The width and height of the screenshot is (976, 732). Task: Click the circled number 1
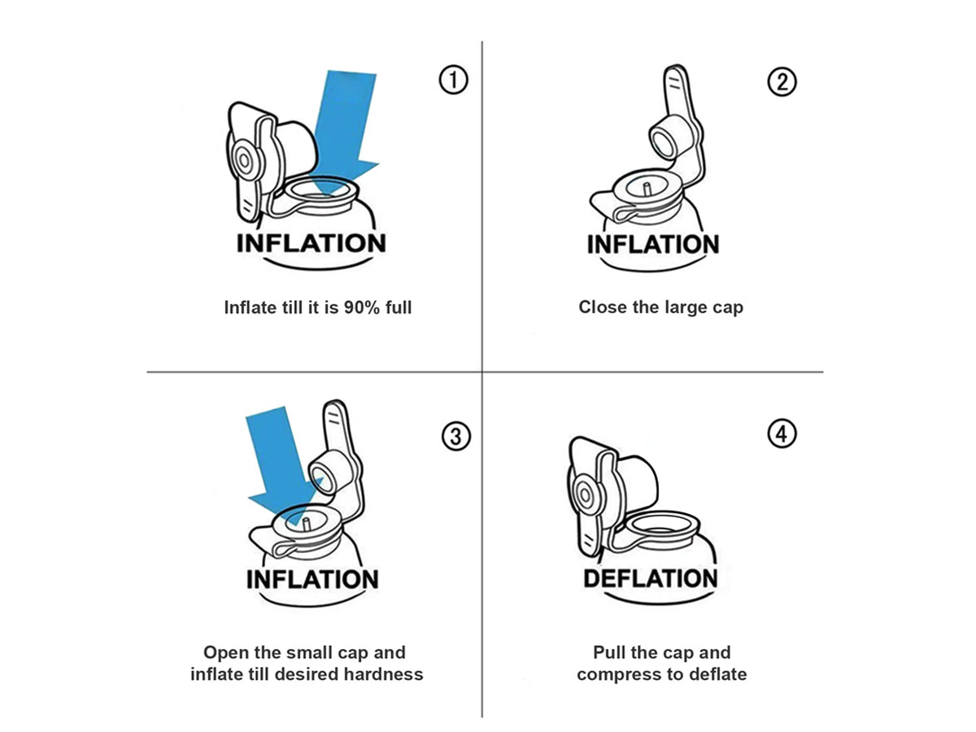coord(453,80)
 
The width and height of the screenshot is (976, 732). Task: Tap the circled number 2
coord(782,81)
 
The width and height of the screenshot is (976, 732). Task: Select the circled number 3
coord(455,437)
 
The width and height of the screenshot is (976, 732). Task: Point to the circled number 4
coord(782,434)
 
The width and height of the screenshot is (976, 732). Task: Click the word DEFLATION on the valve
coord(650,578)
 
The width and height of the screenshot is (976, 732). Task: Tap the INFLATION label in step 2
coord(653,244)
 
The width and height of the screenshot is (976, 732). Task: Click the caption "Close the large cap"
coord(660,307)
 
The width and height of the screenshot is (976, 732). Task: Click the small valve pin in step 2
coord(647,189)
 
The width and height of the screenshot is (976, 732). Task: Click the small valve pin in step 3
coord(306,524)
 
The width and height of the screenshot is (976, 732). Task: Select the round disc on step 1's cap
coord(244,160)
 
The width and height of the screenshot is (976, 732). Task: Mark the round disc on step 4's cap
coord(585,495)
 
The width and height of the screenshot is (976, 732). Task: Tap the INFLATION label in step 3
coord(312,579)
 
